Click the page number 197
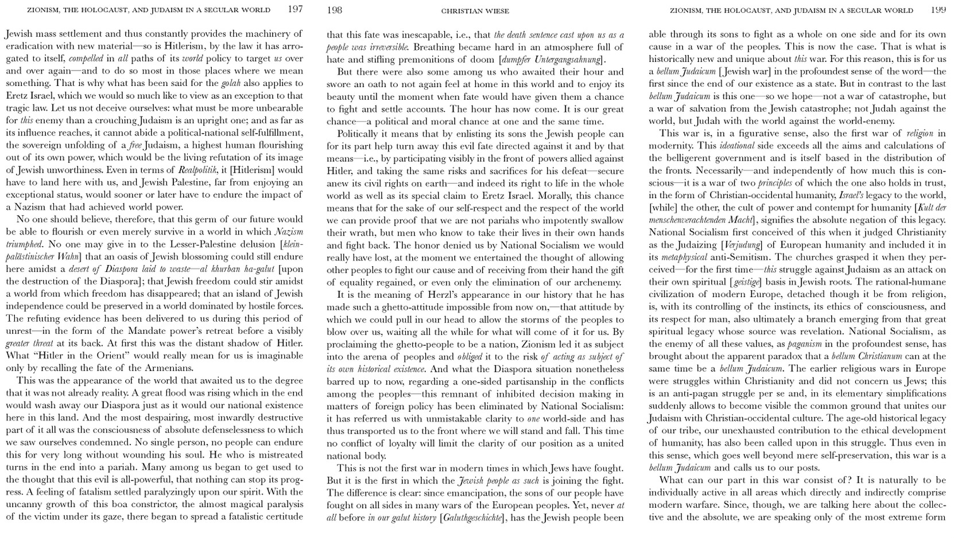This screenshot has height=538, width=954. (x=295, y=9)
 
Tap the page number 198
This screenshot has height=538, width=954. (x=334, y=10)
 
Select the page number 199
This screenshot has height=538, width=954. (x=938, y=10)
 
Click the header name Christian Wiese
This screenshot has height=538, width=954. (x=475, y=10)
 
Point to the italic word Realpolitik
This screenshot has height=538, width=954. (x=196, y=170)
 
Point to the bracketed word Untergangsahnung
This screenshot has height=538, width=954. (x=568, y=59)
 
